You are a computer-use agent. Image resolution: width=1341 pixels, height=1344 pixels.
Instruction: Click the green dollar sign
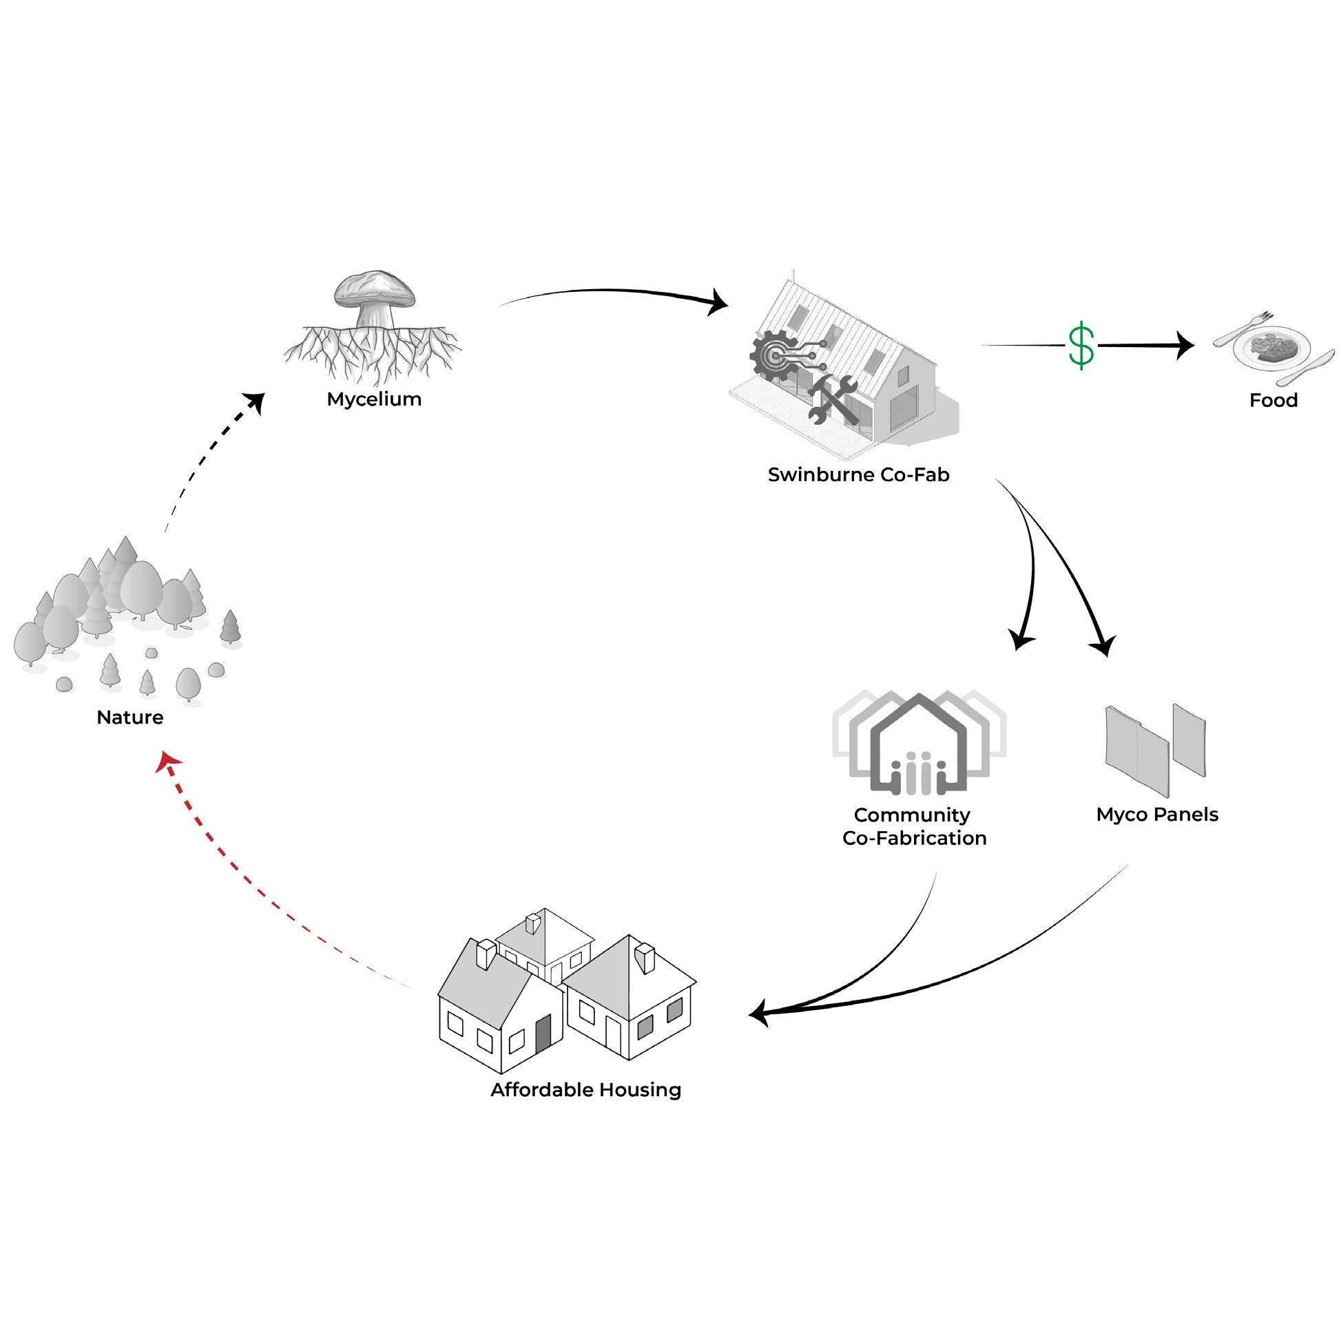[x=1081, y=346]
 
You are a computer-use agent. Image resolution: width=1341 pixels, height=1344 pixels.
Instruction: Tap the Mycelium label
[x=374, y=399]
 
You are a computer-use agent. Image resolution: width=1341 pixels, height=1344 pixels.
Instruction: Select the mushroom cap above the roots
[x=375, y=288]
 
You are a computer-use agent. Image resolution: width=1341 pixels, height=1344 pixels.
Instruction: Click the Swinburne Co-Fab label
[x=858, y=474]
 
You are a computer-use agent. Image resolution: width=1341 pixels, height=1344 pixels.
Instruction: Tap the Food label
[x=1273, y=400]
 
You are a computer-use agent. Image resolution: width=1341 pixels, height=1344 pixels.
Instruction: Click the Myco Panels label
[x=1156, y=815]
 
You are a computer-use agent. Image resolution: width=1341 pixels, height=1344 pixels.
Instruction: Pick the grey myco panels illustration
[x=1154, y=748]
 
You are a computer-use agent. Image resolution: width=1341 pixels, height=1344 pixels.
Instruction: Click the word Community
[x=912, y=815]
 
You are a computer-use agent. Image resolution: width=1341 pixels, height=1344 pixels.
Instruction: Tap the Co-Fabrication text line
[x=914, y=837]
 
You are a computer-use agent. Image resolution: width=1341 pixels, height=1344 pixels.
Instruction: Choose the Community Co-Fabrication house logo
[x=919, y=744]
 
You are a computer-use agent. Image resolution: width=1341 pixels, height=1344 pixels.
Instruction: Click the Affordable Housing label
[x=585, y=1089]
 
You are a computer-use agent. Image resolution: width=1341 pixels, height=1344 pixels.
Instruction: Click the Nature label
[x=130, y=717]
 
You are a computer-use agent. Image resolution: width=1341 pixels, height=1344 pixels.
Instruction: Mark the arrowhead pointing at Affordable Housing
[x=759, y=1014]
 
